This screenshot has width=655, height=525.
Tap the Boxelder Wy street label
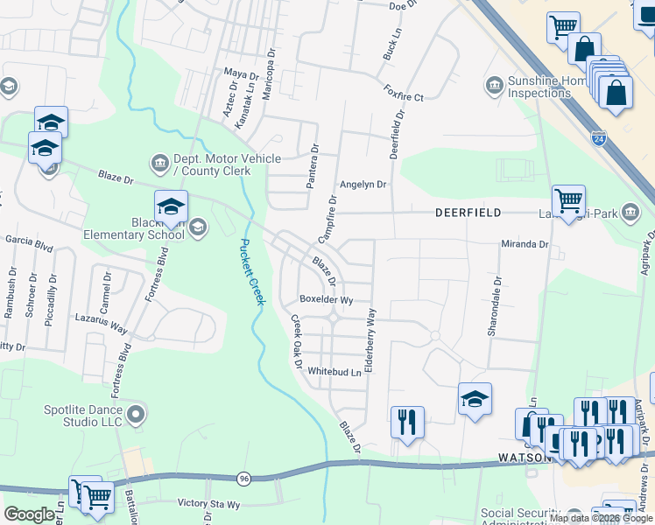point(326,299)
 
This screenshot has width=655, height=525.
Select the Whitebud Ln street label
point(334,372)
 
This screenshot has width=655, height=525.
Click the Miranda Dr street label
point(524,244)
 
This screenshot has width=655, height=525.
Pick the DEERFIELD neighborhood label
point(468,213)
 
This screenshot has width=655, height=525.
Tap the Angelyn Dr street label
point(363,185)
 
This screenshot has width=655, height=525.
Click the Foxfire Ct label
point(403,92)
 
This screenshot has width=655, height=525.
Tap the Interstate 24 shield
point(598,138)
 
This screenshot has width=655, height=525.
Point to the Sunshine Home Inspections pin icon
point(493,85)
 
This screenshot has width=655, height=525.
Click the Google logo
point(29,514)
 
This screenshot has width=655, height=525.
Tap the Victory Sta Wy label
point(208,504)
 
